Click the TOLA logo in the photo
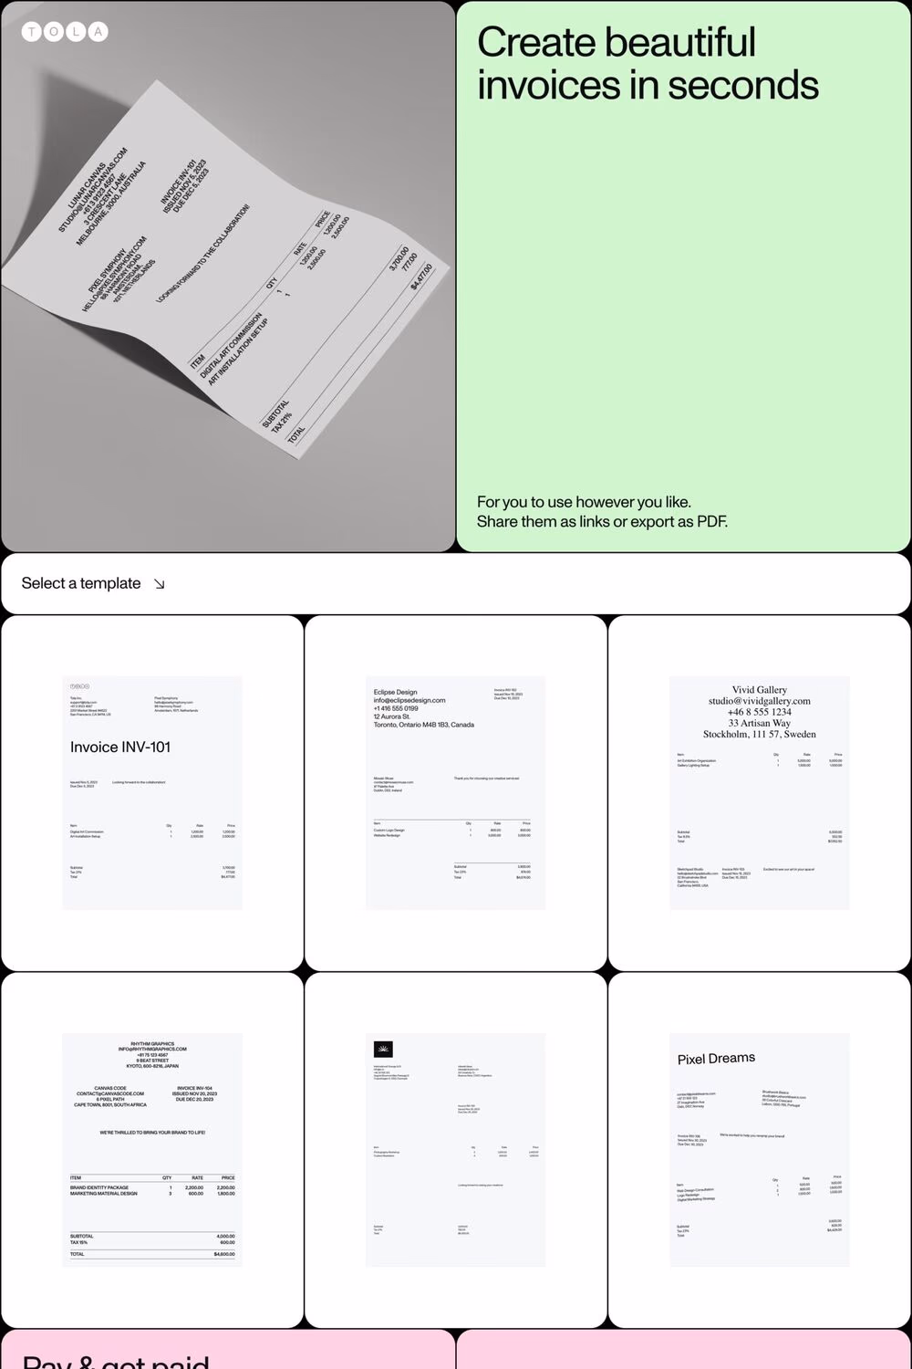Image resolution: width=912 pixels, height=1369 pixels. click(x=64, y=32)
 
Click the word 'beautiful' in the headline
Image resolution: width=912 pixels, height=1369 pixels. click(x=679, y=43)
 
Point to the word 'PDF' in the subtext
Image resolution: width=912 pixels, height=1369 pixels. click(x=711, y=522)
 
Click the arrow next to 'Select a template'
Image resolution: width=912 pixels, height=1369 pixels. click(x=160, y=584)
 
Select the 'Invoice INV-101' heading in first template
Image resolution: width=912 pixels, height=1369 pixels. click(x=120, y=747)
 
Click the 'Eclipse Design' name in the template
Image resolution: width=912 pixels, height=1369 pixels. click(x=395, y=693)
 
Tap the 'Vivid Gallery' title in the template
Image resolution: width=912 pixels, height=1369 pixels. click(x=759, y=690)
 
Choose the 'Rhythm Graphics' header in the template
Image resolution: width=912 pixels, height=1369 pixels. click(x=152, y=1044)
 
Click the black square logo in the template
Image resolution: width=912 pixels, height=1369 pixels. click(x=383, y=1049)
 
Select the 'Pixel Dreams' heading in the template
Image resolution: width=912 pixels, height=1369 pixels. click(x=716, y=1059)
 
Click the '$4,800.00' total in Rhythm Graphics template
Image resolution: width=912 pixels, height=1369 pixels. click(x=224, y=1254)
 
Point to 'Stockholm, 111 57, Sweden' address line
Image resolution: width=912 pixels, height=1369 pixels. click(x=759, y=734)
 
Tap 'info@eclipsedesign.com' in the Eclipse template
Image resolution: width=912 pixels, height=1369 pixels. click(x=409, y=700)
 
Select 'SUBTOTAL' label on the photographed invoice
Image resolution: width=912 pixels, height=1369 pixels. click(x=276, y=413)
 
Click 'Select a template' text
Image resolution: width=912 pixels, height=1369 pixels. click(x=81, y=583)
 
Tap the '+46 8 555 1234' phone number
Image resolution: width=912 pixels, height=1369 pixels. click(x=759, y=712)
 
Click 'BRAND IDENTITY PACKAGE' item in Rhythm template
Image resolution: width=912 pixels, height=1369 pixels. click(x=99, y=1187)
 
